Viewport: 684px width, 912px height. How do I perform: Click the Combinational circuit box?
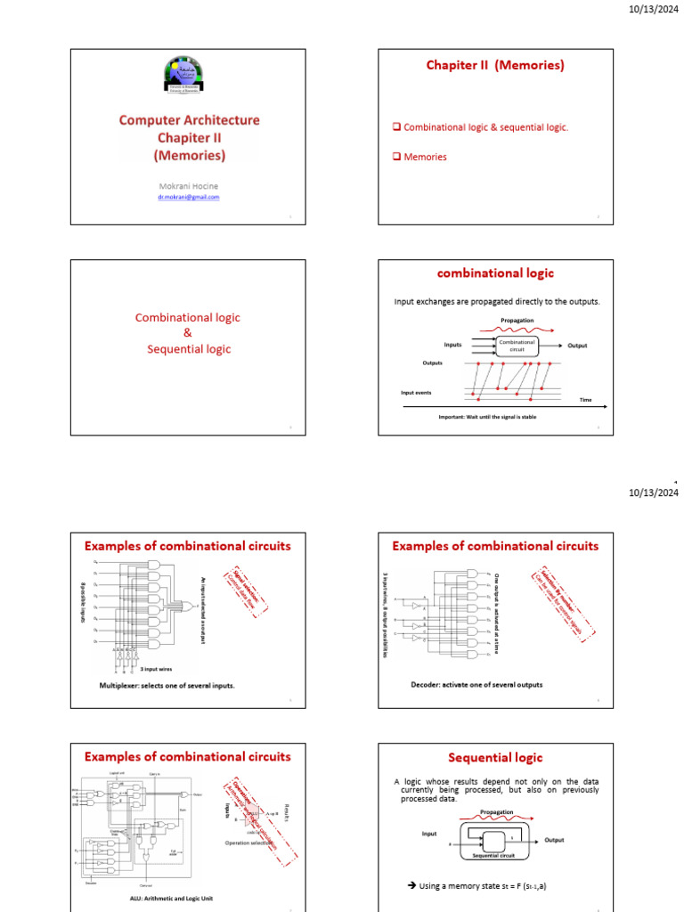click(x=517, y=346)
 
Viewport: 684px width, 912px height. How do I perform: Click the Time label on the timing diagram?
click(x=585, y=400)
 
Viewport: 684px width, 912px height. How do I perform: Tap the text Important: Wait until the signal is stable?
click(x=487, y=417)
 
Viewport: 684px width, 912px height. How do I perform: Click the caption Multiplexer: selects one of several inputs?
click(x=167, y=685)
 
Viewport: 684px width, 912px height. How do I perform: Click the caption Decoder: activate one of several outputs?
click(x=476, y=684)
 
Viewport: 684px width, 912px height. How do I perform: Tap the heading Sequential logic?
click(x=495, y=758)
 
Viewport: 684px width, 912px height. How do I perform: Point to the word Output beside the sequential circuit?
click(x=554, y=840)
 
